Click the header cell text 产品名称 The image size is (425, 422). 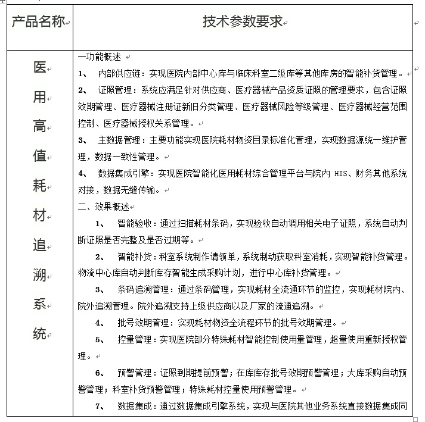point(38,23)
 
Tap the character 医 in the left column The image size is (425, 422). point(39,67)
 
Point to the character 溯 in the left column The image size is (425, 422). point(39,274)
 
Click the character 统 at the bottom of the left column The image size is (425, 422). point(39,333)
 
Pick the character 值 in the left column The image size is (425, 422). point(39,156)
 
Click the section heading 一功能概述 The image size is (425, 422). point(100,57)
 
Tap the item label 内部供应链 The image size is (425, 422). point(118,73)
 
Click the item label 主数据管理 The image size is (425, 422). point(118,140)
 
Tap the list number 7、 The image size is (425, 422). point(100,407)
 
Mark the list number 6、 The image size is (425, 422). point(100,373)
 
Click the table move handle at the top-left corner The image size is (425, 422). point(3,3)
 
